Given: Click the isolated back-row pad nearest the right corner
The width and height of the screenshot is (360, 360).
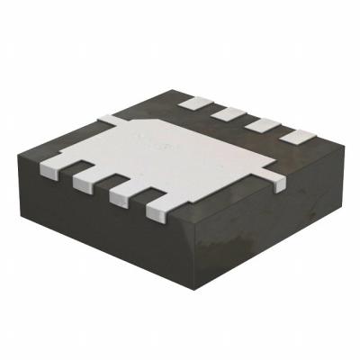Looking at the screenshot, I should [x=293, y=136].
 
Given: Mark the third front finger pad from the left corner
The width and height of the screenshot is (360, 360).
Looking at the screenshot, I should [x=119, y=193].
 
